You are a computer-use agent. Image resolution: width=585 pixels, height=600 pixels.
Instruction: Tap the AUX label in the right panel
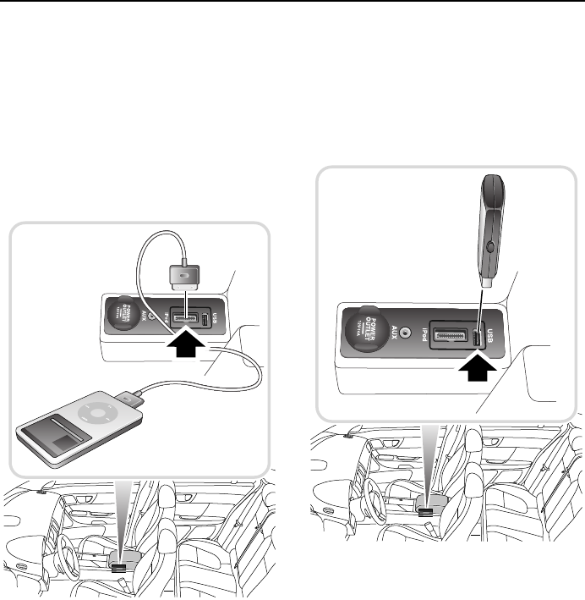(391, 330)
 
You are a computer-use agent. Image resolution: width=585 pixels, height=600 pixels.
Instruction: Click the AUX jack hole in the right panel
(413, 333)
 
